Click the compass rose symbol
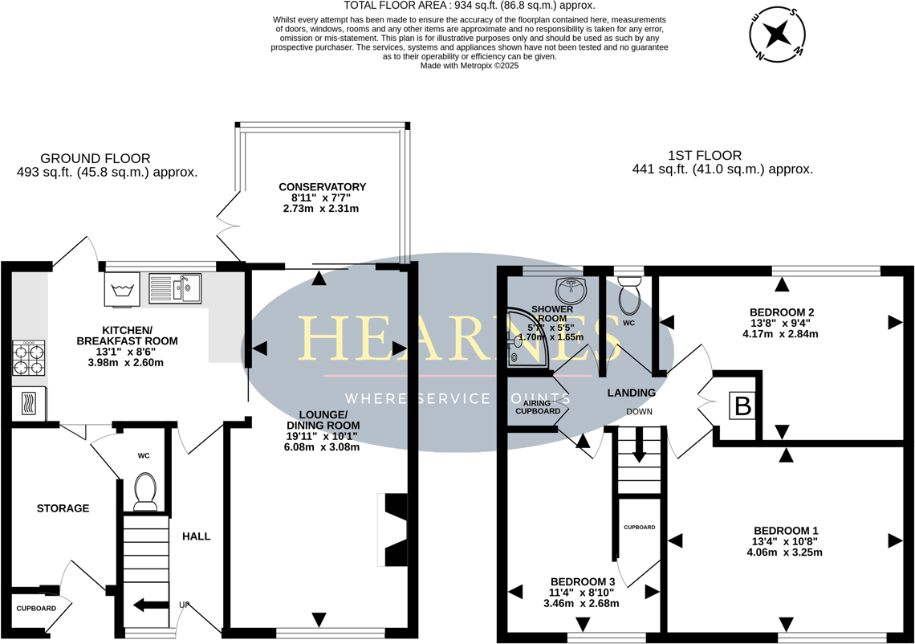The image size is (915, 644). [x=776, y=34]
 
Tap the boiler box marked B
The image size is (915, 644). [x=743, y=406]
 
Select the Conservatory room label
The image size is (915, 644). [x=322, y=187]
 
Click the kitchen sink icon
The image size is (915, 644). [x=175, y=288]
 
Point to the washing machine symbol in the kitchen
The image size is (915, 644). [x=122, y=289]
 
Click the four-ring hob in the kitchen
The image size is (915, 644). [x=28, y=358]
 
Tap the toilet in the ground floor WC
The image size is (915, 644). [x=145, y=491]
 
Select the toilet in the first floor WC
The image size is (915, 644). [x=629, y=296]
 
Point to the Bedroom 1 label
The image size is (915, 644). [x=785, y=530]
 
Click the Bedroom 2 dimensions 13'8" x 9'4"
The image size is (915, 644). [x=781, y=324]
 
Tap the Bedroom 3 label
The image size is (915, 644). [x=582, y=581]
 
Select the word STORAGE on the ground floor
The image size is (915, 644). [x=63, y=508]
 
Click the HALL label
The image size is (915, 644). [x=196, y=536]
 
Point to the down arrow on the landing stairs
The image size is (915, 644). [x=639, y=446]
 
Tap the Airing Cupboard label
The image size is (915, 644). [x=537, y=406]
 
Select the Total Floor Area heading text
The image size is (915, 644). [x=469, y=6]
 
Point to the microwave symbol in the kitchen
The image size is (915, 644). [x=29, y=403]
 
